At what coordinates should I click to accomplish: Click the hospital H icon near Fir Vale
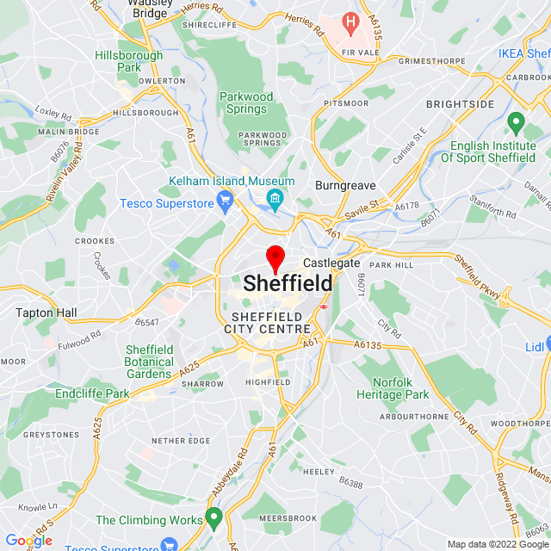(350, 21)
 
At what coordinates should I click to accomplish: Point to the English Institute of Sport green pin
(516, 123)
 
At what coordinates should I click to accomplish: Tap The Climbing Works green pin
(214, 519)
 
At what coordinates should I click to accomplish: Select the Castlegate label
(331, 263)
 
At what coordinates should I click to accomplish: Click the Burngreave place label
(344, 185)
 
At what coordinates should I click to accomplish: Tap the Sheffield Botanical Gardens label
(149, 362)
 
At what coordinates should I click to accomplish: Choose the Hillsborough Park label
(129, 61)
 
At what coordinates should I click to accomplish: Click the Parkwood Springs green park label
(245, 102)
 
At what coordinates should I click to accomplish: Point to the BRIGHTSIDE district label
(460, 103)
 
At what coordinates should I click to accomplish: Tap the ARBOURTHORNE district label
(414, 416)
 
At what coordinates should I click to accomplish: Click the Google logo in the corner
(28, 541)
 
